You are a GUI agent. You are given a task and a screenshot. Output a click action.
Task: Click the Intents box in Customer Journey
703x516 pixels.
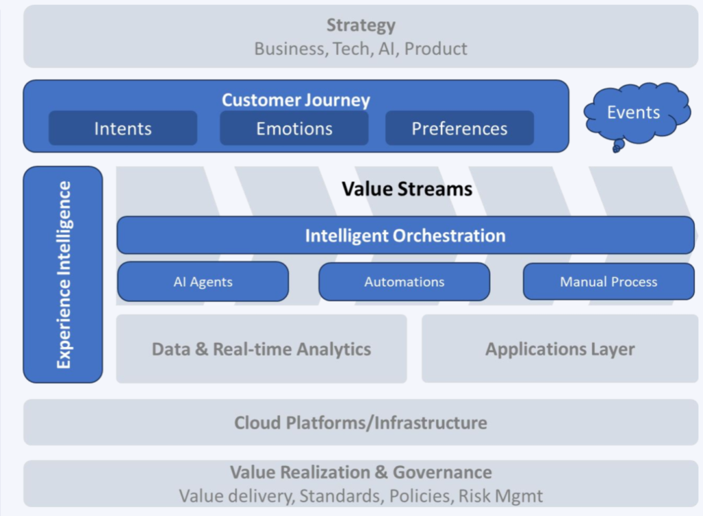pos(123,128)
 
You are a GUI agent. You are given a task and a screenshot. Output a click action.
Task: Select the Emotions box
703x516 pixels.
pos(294,128)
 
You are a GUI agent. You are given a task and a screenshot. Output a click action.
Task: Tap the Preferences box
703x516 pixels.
pos(459,128)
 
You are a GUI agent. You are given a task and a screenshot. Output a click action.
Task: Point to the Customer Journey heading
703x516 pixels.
pos(296,100)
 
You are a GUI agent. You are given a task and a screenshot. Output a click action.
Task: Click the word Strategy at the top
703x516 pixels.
pos(360,25)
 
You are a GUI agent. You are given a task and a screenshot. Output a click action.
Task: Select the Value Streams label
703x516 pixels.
pos(407,188)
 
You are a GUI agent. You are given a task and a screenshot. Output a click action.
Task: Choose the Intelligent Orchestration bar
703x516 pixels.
pos(405,235)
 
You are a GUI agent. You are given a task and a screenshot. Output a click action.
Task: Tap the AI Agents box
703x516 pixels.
pos(203,281)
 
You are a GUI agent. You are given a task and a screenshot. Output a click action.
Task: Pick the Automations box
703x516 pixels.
pos(404,281)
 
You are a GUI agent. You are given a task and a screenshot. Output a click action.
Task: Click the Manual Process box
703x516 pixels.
pos(608,281)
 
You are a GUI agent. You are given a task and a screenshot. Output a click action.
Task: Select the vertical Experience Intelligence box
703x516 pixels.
pos(63,274)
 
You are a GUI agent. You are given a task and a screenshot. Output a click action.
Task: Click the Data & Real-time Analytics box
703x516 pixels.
pos(261,349)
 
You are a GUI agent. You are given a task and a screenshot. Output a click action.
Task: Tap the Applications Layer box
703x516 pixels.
pos(560,349)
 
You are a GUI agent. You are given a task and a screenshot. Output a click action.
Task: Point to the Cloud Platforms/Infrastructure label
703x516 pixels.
pos(360,422)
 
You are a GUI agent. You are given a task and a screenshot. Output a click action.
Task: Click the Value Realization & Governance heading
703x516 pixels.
pos(360,472)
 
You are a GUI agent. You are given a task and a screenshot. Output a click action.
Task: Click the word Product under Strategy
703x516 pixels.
pos(436,49)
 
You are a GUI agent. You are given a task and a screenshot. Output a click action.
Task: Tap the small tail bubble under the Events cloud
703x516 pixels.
pos(616,145)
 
